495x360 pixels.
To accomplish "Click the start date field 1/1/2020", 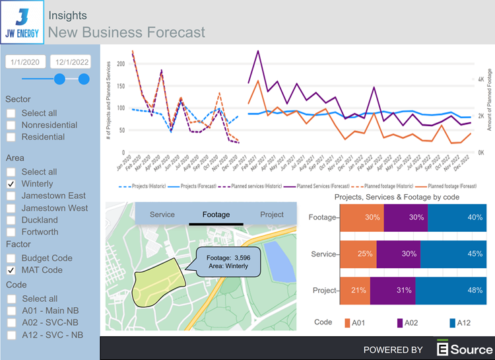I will click(26, 62).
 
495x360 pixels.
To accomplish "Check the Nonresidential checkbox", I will click(12, 125).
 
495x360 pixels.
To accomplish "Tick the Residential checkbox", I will click(12, 137).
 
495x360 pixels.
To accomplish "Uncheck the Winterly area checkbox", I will click(12, 184).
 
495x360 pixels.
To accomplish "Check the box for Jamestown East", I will click(12, 196).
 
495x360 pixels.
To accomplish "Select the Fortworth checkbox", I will click(12, 232).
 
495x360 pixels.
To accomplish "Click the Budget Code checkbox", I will click(12, 258).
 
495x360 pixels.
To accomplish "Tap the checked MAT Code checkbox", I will click(12, 270).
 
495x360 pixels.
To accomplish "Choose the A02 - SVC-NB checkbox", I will click(12, 323).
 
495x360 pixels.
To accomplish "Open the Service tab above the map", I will click(162, 215).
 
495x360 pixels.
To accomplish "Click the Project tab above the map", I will click(272, 215).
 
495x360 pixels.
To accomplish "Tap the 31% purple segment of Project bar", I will click(393, 291).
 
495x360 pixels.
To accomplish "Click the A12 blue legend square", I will click(453, 323).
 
